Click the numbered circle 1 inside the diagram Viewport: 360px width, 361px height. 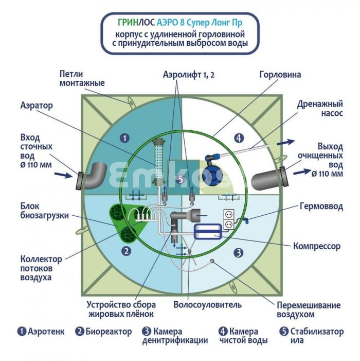[125, 138]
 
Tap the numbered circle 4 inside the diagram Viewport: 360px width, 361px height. [239, 138]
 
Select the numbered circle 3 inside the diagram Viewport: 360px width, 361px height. [239, 253]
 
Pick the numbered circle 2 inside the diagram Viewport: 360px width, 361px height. [126, 251]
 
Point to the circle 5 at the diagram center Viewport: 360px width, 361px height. [181, 179]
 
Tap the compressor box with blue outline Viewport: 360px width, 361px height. [208, 231]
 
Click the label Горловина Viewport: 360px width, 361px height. [280, 75]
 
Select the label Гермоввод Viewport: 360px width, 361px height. [321, 207]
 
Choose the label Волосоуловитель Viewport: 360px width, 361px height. [207, 304]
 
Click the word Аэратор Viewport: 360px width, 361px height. [37, 106]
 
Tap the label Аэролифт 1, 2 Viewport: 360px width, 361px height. [189, 75]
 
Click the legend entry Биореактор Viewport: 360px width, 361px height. [109, 332]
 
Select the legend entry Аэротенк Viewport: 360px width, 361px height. [46, 332]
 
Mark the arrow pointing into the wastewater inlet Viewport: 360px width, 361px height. [63, 175]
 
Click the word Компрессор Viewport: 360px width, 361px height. [317, 246]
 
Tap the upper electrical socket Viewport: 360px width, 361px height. [228, 214]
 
